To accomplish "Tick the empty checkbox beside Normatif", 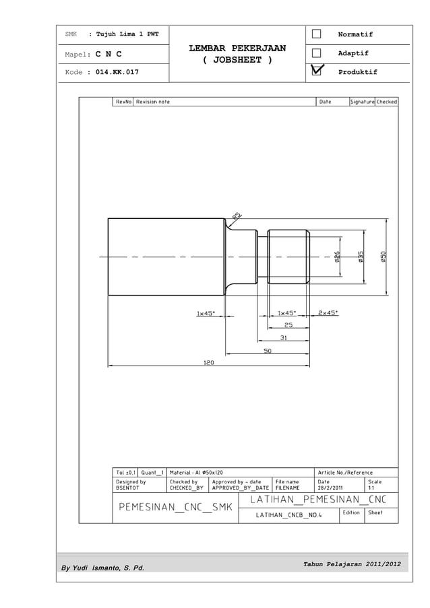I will [315, 34].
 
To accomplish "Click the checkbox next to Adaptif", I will [315, 53].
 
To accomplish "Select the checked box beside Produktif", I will [315, 71].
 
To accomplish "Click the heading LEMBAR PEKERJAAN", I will [237, 48].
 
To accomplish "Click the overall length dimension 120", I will [209, 362].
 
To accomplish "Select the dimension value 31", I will [284, 338].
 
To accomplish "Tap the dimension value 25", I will [288, 325].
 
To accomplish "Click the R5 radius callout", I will [237, 215].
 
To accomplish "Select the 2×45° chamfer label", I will [328, 312].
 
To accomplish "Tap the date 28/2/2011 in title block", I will [330, 488].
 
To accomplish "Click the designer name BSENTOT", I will [127, 488].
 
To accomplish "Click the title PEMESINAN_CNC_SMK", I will [175, 507].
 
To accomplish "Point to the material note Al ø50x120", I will [196, 472].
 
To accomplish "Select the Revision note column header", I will [153, 102].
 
